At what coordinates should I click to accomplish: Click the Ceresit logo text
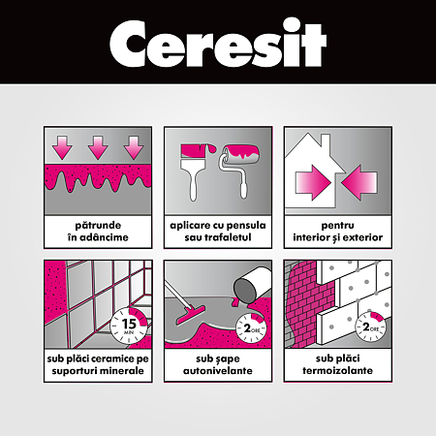point(218,43)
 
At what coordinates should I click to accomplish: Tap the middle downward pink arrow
point(98,147)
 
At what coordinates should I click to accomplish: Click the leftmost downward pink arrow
point(62,147)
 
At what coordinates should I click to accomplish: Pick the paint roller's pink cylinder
point(240,154)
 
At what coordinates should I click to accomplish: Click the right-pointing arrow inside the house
point(313,182)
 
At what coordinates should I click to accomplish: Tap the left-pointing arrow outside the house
point(359,182)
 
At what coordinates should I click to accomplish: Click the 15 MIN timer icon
point(129,326)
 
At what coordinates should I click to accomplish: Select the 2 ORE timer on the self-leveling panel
point(250,328)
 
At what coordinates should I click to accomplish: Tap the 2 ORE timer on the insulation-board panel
point(370,327)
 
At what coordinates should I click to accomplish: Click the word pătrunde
point(98,225)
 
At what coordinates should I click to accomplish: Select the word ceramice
point(116,358)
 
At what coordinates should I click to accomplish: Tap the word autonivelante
point(218,370)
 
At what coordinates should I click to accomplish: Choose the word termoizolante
point(337,370)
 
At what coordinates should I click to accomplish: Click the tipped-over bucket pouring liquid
point(250,287)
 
